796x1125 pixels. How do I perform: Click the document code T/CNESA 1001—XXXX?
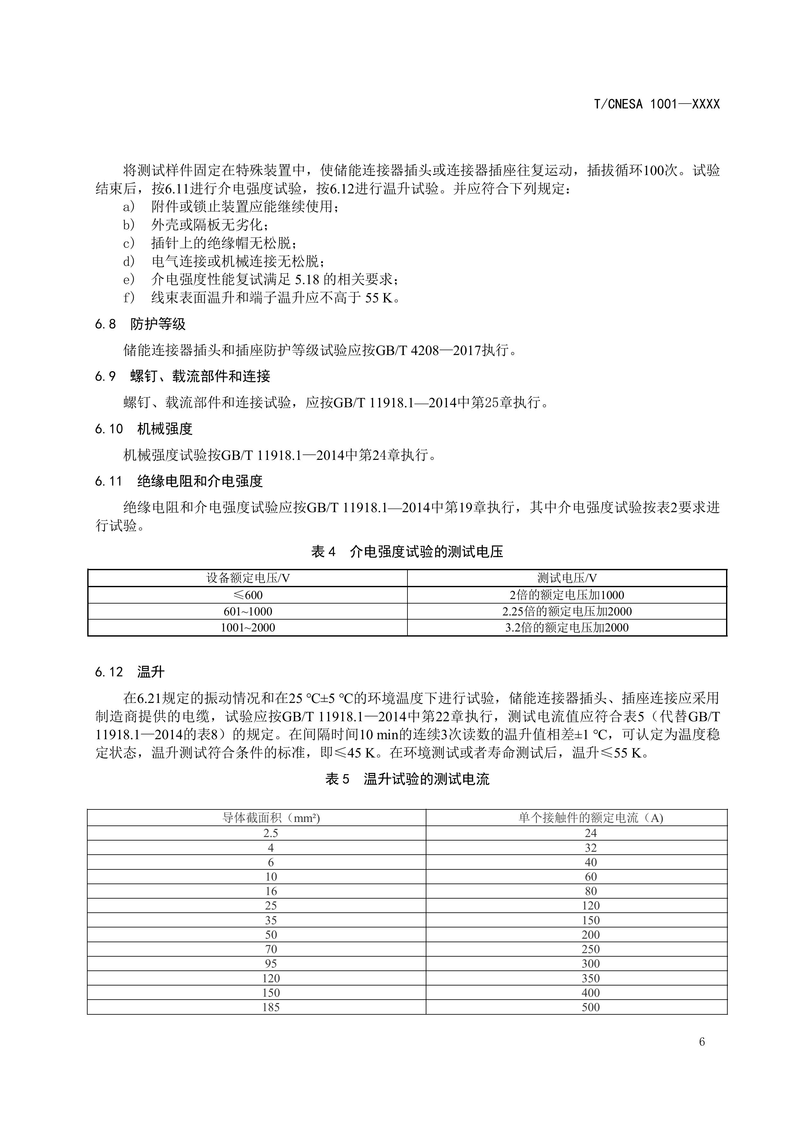656,104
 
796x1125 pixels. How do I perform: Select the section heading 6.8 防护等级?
140,324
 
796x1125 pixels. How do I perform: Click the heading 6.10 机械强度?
144,429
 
